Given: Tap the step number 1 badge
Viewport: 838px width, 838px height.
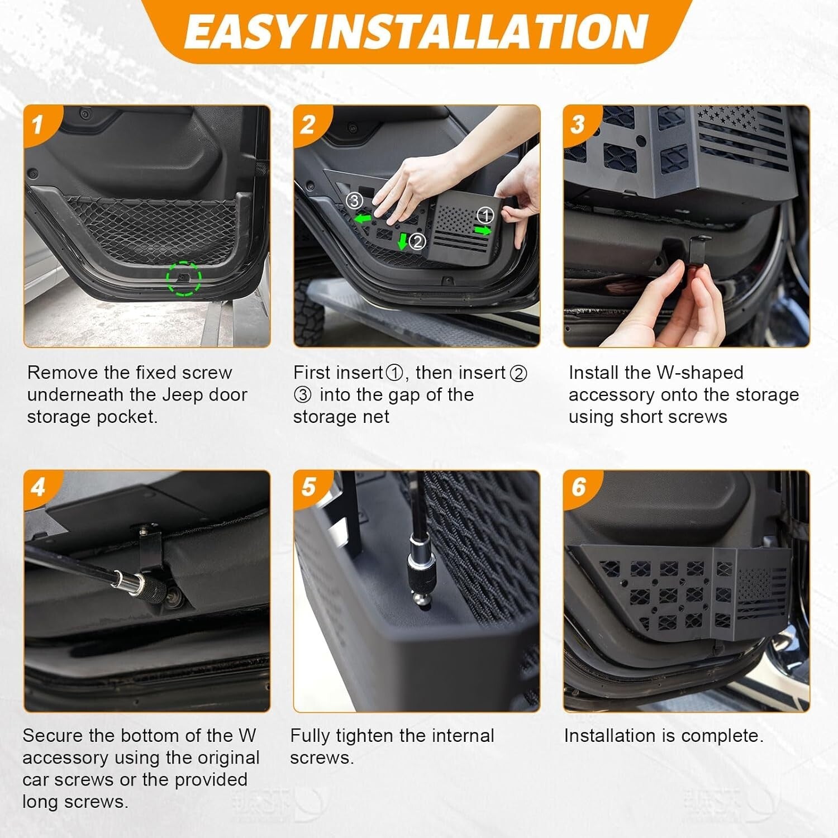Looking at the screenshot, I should click(x=37, y=124).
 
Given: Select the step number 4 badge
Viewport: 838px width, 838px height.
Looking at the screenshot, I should click(x=37, y=487).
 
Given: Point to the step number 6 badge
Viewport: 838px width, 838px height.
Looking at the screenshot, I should click(x=578, y=487).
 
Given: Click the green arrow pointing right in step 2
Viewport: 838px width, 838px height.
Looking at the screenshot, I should click(x=483, y=230).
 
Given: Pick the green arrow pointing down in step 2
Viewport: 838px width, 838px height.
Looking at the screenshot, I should click(x=402, y=241).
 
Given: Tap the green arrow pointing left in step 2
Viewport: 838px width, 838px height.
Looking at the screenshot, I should click(x=363, y=218).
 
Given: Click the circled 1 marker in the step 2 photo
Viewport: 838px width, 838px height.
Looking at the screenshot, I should click(x=485, y=215).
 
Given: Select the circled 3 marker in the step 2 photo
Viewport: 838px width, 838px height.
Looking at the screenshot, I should click(x=354, y=200).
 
